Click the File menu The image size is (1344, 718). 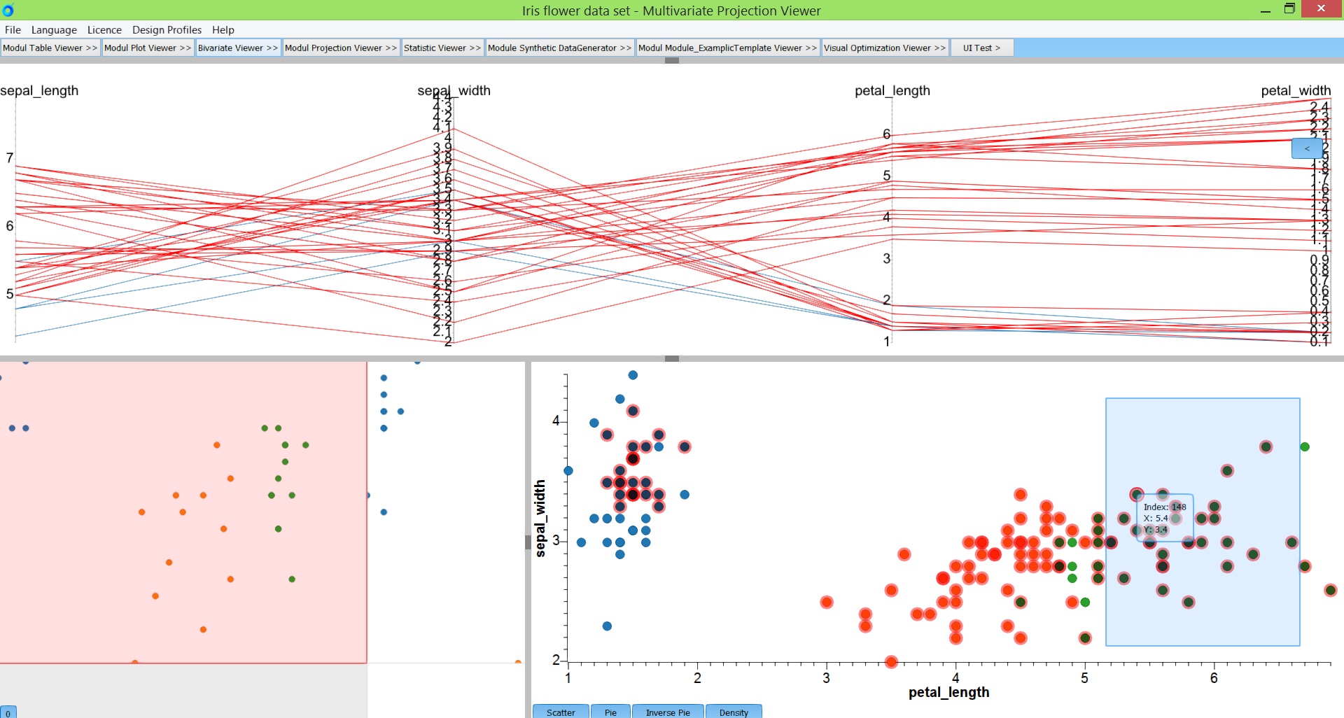click(x=13, y=29)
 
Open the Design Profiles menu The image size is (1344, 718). click(x=167, y=29)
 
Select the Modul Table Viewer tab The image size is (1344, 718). click(x=50, y=48)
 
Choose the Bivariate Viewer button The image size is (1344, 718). click(x=238, y=48)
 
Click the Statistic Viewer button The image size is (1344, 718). click(x=442, y=48)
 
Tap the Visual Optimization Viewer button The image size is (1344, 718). click(x=885, y=48)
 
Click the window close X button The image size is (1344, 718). click(x=1321, y=9)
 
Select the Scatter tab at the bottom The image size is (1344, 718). click(x=561, y=712)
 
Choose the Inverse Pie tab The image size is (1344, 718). click(x=668, y=712)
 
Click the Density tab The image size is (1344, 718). click(x=734, y=712)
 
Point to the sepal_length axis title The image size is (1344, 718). click(x=39, y=90)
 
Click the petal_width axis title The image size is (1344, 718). click(x=1296, y=90)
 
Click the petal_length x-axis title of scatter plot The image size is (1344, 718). click(x=948, y=692)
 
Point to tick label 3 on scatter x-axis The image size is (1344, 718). click(x=826, y=677)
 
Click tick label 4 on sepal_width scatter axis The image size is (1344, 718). click(x=556, y=421)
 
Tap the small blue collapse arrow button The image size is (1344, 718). click(x=1306, y=148)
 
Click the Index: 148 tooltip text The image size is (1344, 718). click(x=1165, y=507)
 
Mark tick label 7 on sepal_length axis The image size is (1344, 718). click(x=10, y=158)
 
